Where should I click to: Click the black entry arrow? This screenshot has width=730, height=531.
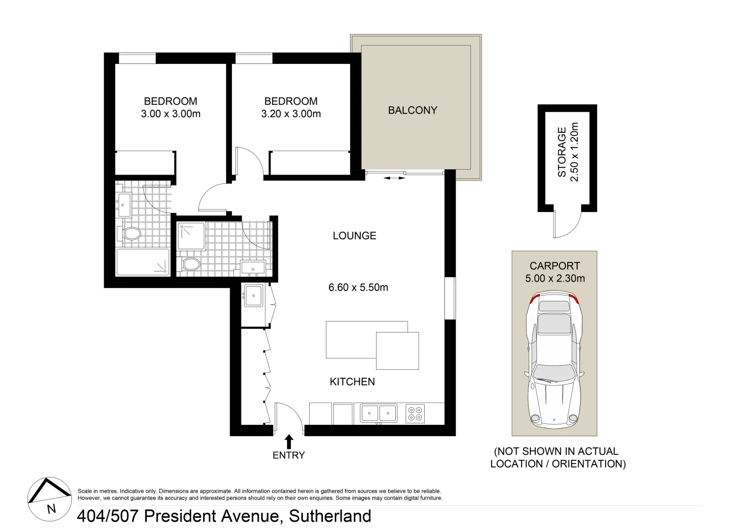[289, 441]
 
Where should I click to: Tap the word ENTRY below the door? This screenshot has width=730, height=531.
[289, 455]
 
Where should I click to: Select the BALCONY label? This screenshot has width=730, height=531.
[412, 110]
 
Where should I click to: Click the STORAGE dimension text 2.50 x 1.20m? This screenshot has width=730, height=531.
[575, 152]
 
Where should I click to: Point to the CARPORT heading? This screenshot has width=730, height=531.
[555, 266]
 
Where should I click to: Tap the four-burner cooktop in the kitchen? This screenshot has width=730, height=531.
[415, 413]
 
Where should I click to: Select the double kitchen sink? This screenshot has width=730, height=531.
[379, 413]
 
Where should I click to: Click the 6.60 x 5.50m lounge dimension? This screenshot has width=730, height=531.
[358, 288]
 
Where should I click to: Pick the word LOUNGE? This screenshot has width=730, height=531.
[354, 236]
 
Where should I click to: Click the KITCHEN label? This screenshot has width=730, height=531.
[352, 382]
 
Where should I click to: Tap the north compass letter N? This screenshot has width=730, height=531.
[51, 509]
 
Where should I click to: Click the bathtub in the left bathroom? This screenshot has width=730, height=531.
[143, 262]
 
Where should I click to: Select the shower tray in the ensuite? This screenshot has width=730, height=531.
[191, 236]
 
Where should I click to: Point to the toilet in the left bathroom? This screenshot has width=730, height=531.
[131, 233]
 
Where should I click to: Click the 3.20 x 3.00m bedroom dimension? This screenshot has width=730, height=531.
[291, 114]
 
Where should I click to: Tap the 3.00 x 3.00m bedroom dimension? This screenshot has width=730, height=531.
[171, 114]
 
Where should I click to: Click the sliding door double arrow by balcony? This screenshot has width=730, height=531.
[394, 178]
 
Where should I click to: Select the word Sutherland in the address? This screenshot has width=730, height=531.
[330, 516]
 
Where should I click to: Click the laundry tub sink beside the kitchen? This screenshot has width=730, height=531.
[254, 295]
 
